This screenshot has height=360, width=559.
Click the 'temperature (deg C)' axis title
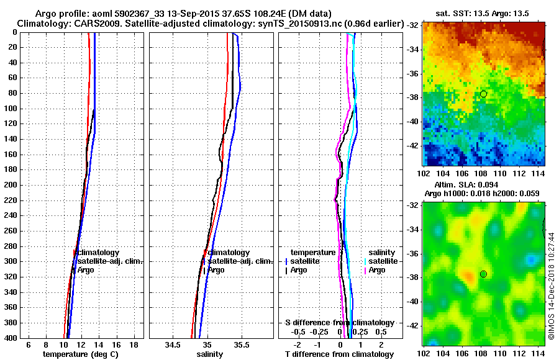click(x=80, y=354)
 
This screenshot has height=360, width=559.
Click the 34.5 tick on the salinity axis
click(x=173, y=344)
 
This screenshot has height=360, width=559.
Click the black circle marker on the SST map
click(x=483, y=94)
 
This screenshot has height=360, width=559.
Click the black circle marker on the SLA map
click(x=483, y=274)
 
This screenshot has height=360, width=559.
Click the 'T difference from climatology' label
click(x=340, y=354)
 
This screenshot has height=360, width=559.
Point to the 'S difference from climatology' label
click(x=340, y=322)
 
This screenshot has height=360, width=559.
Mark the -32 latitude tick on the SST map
click(x=413, y=25)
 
